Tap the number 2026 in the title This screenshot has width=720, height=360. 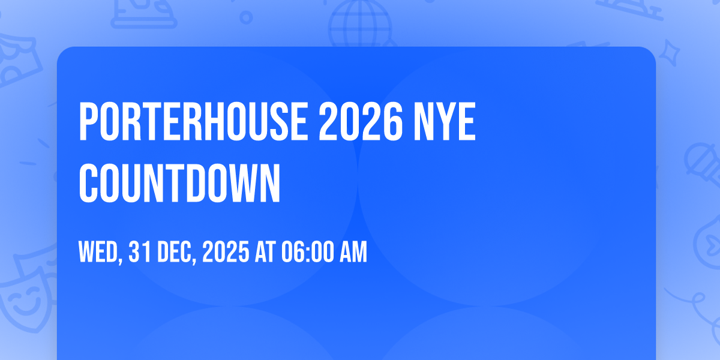tap(361, 121)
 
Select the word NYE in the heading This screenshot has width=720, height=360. tap(445, 121)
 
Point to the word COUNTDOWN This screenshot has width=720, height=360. tap(179, 183)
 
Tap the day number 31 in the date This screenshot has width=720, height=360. tap(140, 251)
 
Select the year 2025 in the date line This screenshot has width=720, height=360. tap(226, 251)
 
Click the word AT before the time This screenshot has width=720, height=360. tap(265, 251)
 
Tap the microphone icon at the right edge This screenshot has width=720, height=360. tap(703, 164)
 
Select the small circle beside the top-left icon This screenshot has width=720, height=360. tap(246, 17)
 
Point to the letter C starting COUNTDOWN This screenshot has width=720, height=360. tap(88, 183)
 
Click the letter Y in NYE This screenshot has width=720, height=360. tap(445, 121)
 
